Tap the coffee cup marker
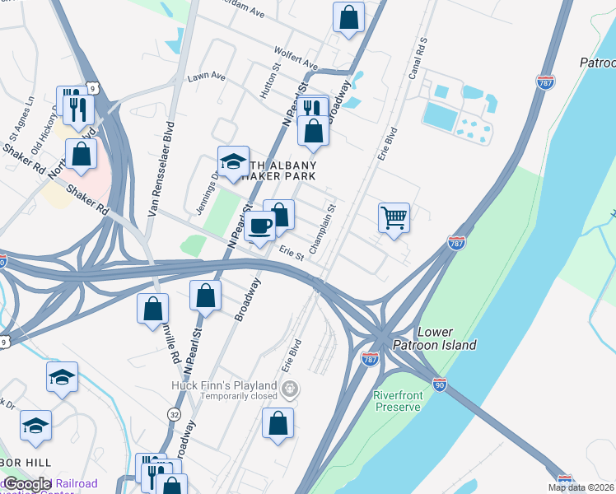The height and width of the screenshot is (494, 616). [x=261, y=225]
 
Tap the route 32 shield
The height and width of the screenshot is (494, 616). [x=174, y=413]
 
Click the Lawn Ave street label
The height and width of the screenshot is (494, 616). [x=206, y=77]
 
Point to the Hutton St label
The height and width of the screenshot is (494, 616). [x=268, y=84]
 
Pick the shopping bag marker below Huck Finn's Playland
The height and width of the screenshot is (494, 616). [x=278, y=423]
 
